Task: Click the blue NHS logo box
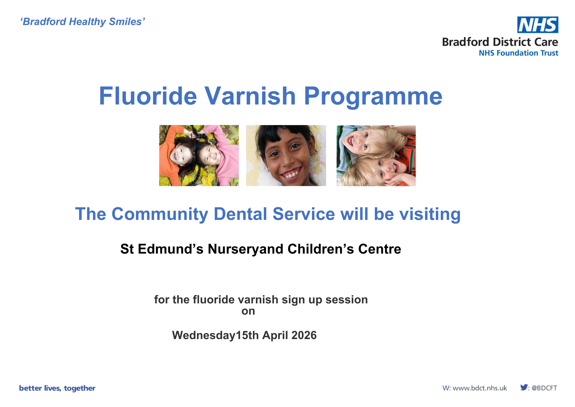pos(538,25)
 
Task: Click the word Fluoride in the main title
pos(148,96)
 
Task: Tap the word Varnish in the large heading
pos(250,96)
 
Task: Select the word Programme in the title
pos(373,97)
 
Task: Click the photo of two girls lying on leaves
pos(199,155)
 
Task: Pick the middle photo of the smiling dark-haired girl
pos(286,155)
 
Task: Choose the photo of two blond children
pos(376,156)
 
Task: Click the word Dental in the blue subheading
pos(241,214)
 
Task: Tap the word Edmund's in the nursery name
pos(170,249)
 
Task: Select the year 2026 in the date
pos(304,335)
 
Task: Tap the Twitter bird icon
pos(524,387)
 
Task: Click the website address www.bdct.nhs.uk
pos(480,388)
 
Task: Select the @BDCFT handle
pos(544,388)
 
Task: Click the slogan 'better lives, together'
pos(57,388)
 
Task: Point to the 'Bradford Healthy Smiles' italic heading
pos(83,22)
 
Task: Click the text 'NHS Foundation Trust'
pos(518,53)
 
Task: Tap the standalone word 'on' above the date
pos(248,311)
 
